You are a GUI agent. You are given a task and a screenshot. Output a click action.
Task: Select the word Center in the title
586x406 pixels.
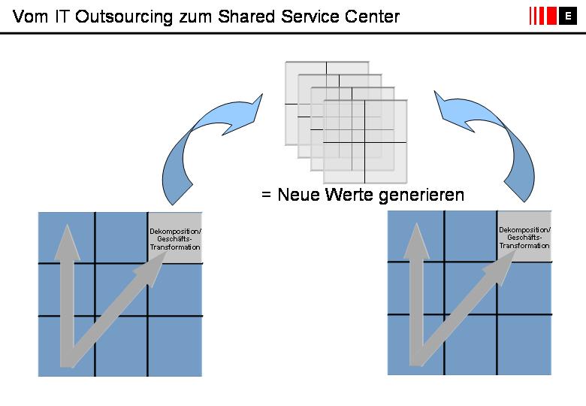(x=370, y=17)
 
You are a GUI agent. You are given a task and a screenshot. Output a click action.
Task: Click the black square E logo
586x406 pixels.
(x=567, y=16)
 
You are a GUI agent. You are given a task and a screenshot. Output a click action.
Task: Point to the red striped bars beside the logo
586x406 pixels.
(x=542, y=16)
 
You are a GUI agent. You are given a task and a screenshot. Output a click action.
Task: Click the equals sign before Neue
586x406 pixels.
(x=265, y=195)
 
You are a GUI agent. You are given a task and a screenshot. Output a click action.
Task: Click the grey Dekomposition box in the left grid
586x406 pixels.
(x=175, y=238)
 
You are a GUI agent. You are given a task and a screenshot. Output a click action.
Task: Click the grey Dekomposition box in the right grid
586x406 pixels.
(x=524, y=237)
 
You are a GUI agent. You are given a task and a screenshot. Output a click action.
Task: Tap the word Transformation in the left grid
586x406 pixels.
(x=175, y=247)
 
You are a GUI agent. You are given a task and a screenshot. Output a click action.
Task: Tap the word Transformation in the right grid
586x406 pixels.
(x=524, y=246)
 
